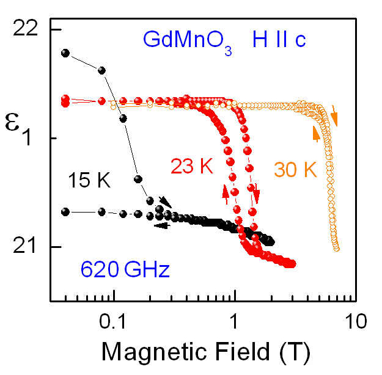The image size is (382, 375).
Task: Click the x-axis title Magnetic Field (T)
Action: (x=205, y=352)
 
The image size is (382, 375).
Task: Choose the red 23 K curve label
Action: (x=190, y=164)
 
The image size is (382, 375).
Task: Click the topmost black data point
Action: (x=65, y=53)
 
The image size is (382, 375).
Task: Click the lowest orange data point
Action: (x=336, y=248)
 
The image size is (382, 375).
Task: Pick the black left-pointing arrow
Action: (x=161, y=225)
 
